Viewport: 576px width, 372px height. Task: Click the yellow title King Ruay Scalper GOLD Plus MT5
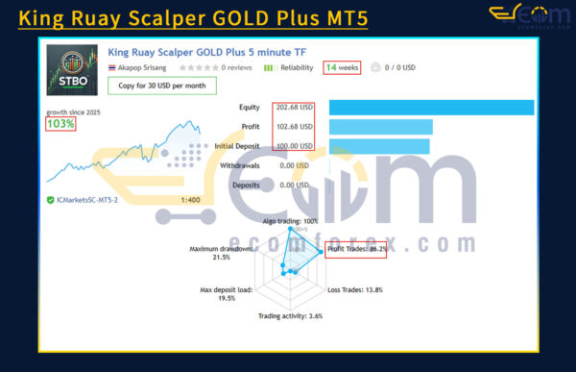192,18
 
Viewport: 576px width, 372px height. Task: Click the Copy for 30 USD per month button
161,85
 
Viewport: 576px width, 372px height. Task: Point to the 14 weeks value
342,68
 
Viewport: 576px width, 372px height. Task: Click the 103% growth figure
60,124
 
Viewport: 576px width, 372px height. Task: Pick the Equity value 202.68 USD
295,107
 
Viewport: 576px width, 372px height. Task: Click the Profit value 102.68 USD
295,126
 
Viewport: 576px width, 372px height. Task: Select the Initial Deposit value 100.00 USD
295,145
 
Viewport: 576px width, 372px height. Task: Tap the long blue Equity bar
430,107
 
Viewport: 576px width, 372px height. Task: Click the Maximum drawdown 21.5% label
222,253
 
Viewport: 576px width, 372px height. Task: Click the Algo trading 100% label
297,221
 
